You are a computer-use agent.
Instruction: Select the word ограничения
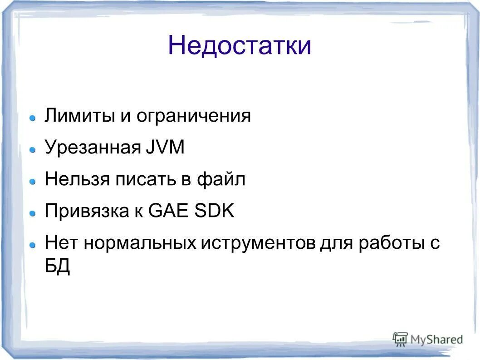(x=194, y=116)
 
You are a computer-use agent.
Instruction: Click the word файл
(x=221, y=180)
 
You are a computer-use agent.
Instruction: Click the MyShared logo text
(x=436, y=339)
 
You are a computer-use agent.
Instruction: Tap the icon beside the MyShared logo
(x=400, y=339)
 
